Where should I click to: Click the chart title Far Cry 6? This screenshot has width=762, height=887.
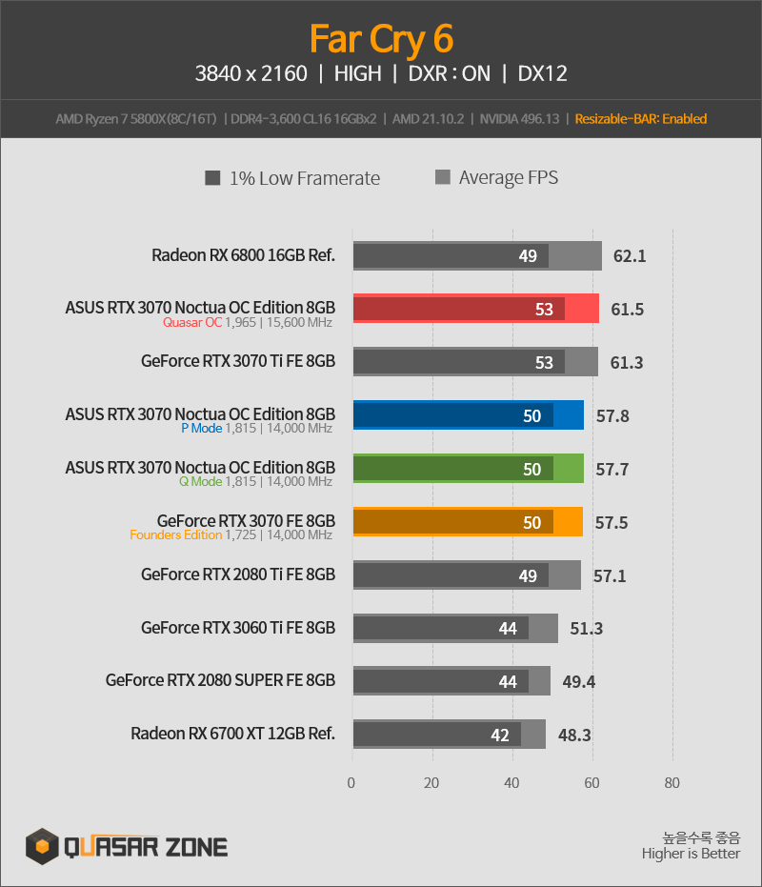[381, 40]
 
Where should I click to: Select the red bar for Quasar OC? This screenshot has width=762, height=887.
[475, 309]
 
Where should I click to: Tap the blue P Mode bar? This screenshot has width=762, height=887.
[469, 414]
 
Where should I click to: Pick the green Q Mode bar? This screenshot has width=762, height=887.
[469, 469]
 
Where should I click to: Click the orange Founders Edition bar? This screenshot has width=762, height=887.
[468, 521]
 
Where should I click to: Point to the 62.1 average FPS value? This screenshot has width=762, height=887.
[630, 256]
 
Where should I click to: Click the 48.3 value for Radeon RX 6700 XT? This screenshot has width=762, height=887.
[574, 735]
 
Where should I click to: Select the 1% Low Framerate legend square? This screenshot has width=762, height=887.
[212, 178]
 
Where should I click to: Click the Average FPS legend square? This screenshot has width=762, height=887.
[443, 177]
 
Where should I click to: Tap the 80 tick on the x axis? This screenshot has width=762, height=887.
[672, 783]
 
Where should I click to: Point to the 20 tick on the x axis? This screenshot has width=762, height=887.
[431, 783]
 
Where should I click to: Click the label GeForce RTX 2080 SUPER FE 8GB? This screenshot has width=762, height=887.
[220, 680]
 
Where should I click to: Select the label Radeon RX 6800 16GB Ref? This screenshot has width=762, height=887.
[243, 255]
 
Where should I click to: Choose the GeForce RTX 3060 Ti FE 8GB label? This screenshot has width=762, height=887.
[238, 628]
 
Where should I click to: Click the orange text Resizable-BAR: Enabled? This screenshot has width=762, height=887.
[641, 119]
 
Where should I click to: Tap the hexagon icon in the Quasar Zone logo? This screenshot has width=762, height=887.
[43, 846]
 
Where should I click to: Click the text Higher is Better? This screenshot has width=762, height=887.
[691, 854]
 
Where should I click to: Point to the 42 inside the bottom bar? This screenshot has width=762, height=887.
[500, 735]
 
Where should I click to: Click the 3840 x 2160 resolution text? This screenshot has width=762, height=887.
[251, 73]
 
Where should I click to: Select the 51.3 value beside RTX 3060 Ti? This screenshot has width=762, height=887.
[586, 629]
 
